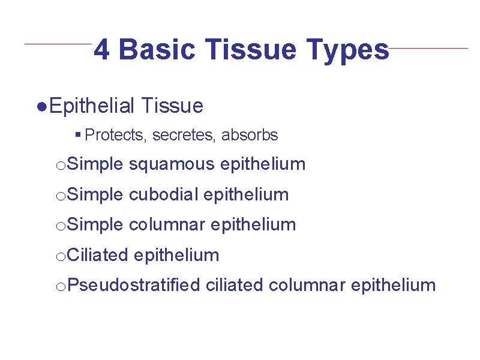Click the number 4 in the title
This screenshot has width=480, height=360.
102,50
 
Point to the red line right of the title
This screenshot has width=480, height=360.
428,48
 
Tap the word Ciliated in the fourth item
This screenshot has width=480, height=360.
98,255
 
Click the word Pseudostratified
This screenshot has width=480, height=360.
133,285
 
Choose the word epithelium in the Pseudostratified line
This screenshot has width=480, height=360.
393,285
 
